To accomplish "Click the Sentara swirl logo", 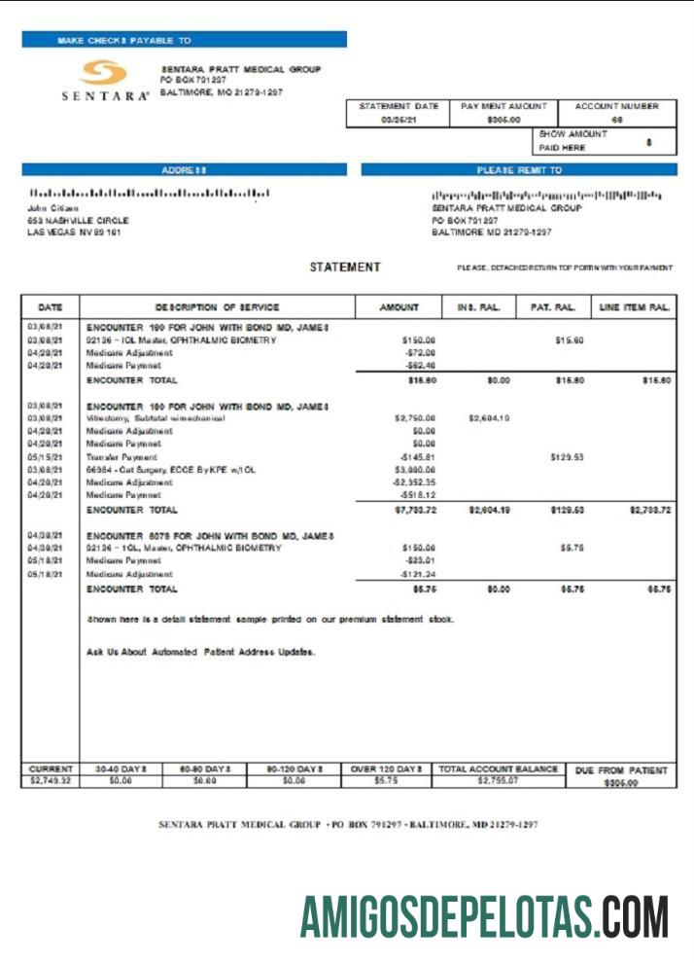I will pos(103,73).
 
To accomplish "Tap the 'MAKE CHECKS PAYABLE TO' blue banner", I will pos(184,40).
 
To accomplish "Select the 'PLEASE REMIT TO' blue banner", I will pos(518,169).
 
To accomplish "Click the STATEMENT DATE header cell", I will pos(398,106).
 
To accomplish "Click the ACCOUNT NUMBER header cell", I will pos(616,106).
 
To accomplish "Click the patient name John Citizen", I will pos(52,207).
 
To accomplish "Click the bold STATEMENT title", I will pos(345,267).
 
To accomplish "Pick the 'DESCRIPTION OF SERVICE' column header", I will pos(216,307).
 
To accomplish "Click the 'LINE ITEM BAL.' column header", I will pos(634,307).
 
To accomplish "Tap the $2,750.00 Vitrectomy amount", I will pos(415,418).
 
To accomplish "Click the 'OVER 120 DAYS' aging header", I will pos(385,769).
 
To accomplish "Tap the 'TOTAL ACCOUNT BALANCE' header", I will pos(498,769).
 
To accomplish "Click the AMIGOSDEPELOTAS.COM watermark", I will pos(484,915).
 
